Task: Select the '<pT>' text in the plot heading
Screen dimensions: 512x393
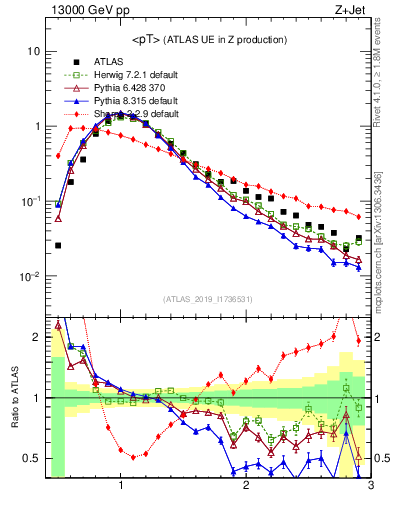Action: pos(148,39)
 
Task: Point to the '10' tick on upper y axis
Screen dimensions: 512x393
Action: pos(33,51)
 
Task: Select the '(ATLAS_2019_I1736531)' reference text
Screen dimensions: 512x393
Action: pos(208,299)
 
